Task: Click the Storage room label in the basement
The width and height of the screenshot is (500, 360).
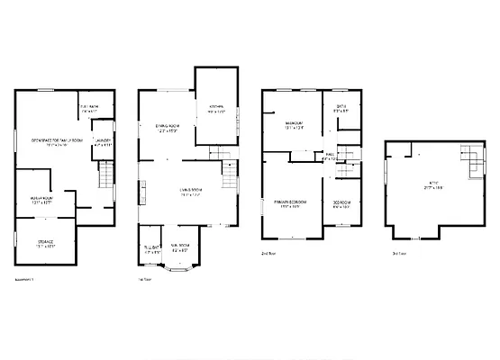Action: click(46, 243)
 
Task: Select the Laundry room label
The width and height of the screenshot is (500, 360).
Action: click(103, 141)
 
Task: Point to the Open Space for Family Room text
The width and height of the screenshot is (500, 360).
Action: click(57, 140)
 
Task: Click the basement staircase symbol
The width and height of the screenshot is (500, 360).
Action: click(106, 176)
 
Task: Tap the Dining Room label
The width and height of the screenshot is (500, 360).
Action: click(167, 128)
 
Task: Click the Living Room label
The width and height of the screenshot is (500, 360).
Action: click(189, 191)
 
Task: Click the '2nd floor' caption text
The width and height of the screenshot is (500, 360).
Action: click(268, 255)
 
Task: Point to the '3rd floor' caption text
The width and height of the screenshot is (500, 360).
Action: click(398, 255)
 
